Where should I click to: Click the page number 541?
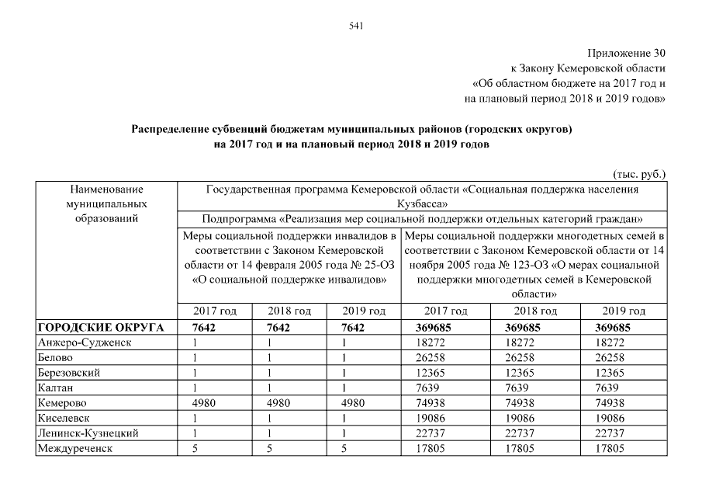tap(357, 26)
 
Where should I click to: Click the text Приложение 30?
tap(628, 54)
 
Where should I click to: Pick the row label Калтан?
tap(54, 388)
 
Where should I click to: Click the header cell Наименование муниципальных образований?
tap(107, 203)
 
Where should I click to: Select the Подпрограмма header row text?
tap(422, 219)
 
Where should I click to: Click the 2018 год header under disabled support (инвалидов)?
tap(289, 311)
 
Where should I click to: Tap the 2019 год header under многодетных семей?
tap(624, 311)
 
